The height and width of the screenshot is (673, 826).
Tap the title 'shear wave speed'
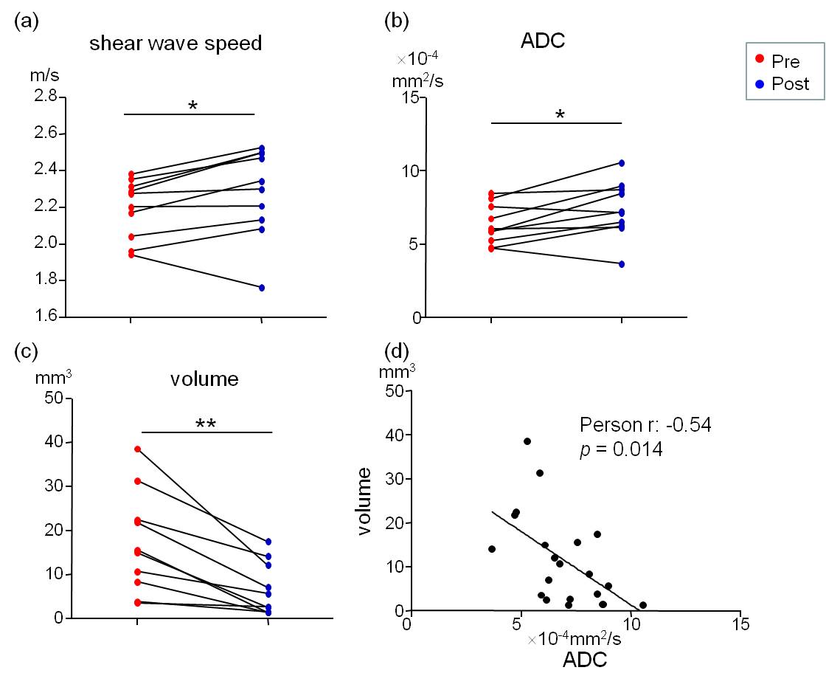tap(176, 44)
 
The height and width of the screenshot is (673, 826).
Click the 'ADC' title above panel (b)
tap(543, 41)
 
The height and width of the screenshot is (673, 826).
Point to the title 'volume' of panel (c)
tap(204, 380)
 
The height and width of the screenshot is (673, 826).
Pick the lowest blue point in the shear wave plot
tap(262, 288)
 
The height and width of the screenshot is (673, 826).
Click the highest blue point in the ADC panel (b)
tap(622, 163)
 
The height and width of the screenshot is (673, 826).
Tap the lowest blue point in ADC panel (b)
tap(622, 263)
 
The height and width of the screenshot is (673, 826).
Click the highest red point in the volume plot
tap(137, 449)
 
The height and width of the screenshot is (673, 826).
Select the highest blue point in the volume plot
tap(268, 542)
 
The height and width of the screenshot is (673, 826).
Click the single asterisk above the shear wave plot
tap(192, 106)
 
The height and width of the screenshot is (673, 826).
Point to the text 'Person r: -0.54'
tap(645, 425)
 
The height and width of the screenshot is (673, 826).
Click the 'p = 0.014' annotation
tap(621, 448)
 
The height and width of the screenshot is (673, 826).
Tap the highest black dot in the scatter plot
tap(527, 441)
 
